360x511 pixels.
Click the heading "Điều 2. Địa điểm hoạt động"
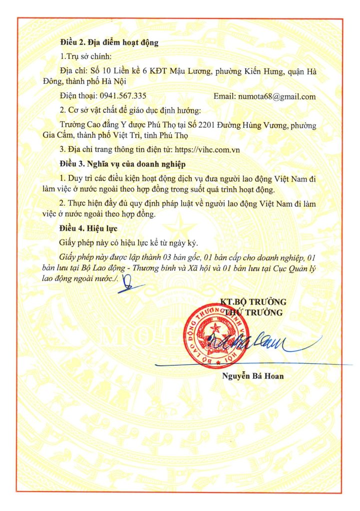point(109,42)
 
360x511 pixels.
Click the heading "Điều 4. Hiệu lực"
point(90,230)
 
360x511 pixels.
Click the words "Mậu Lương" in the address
point(181,72)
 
